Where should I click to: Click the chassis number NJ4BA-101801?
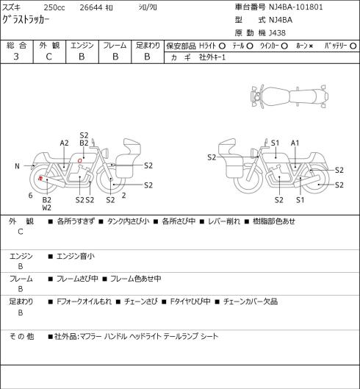click(x=296, y=7)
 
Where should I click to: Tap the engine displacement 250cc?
click(x=54, y=7)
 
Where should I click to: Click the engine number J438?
click(x=277, y=33)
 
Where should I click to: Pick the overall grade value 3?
click(x=16, y=57)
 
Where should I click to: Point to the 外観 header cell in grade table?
click(x=49, y=46)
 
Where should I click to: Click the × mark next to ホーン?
click(x=312, y=46)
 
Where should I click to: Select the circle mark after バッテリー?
click(x=353, y=46)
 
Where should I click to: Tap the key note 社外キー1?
click(x=212, y=57)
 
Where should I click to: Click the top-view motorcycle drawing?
click(x=289, y=96)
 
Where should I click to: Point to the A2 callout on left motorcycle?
click(x=64, y=143)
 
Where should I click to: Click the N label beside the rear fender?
click(x=17, y=166)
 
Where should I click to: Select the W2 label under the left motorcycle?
click(x=46, y=207)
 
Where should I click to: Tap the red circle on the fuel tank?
click(x=80, y=161)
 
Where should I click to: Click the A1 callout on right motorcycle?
click(x=295, y=143)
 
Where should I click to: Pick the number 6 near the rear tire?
click(x=31, y=196)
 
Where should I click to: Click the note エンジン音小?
click(x=76, y=256)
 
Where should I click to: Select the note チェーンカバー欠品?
click(x=251, y=301)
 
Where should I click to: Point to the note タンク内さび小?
click(x=128, y=221)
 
